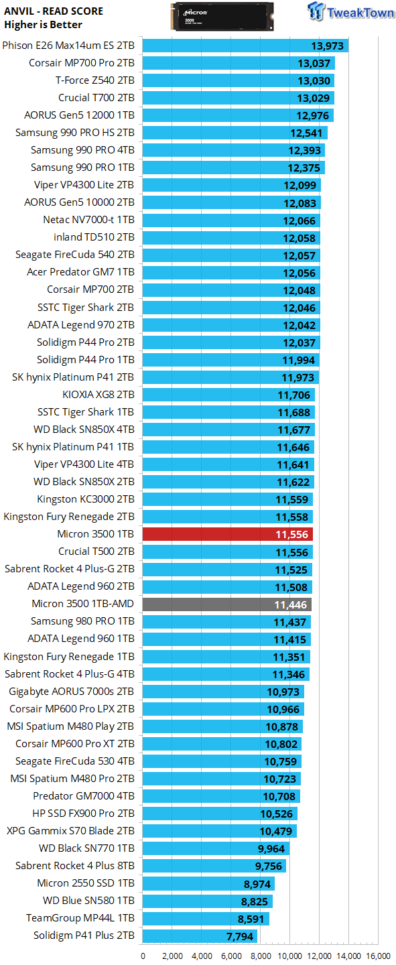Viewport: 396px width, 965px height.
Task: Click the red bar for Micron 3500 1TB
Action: pyautogui.click(x=228, y=534)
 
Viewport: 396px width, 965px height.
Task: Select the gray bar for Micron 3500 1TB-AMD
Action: pyautogui.click(x=227, y=604)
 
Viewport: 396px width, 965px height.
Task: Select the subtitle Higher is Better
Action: pyautogui.click(x=43, y=24)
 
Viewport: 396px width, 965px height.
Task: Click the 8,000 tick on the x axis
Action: pyautogui.click(x=261, y=956)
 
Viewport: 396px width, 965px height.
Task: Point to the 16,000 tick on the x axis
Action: pyautogui.click(x=379, y=956)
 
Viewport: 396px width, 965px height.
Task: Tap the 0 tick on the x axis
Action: pyautogui.click(x=143, y=956)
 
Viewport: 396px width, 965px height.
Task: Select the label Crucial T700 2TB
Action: pyautogui.click(x=96, y=97)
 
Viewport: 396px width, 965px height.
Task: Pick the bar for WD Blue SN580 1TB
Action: pyautogui.click(x=208, y=901)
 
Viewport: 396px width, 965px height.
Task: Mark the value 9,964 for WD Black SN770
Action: pyautogui.click(x=271, y=848)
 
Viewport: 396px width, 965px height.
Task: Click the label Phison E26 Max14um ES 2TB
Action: pyautogui.click(x=68, y=45)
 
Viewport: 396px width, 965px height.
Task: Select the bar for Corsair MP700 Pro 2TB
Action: pyautogui.click(x=239, y=63)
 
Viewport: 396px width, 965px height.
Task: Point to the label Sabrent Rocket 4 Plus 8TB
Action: pyautogui.click(x=75, y=865)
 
